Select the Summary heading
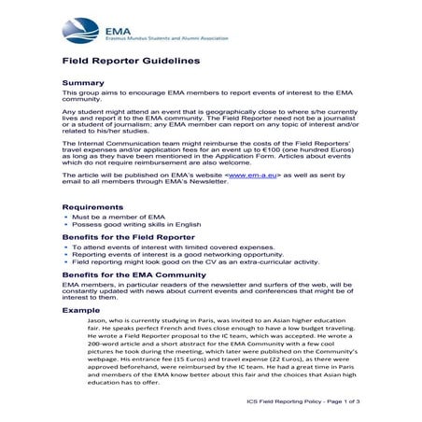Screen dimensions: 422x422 point(84,82)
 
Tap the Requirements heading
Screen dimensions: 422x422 point(94,206)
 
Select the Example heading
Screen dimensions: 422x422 point(82,309)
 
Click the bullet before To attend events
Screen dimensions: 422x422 point(66,247)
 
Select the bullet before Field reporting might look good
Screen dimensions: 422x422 point(66,263)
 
